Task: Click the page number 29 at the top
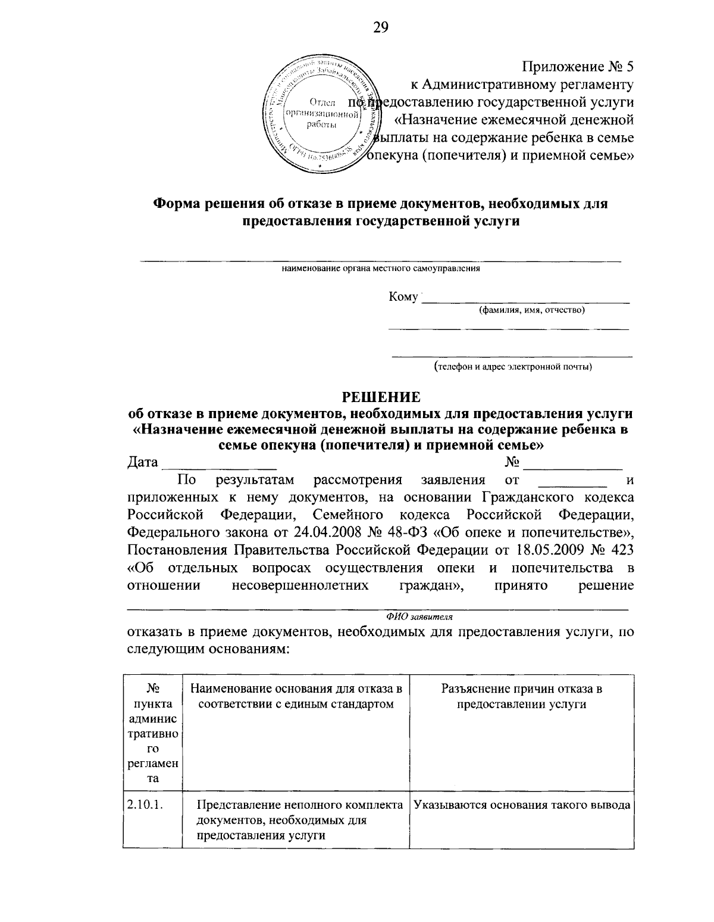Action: coord(380,27)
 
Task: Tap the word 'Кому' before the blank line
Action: coord(403,297)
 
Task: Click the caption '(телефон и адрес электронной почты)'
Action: coord(512,366)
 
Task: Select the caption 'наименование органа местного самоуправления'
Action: coord(381,269)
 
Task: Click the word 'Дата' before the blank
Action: coord(143,463)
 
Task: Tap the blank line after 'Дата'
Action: coord(220,465)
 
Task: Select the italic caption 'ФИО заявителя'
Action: coord(419,616)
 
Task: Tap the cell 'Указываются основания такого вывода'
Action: coord(521,805)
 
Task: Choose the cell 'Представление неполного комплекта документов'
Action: coord(300,820)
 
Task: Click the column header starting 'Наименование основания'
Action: coord(296,697)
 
